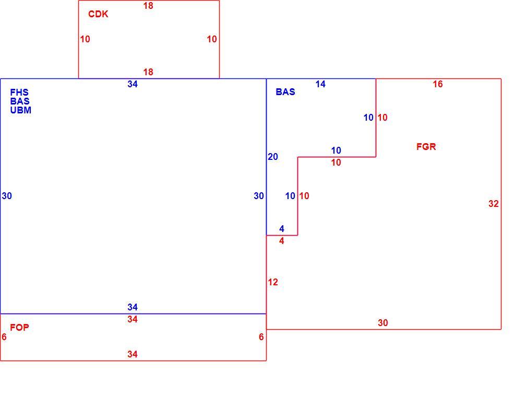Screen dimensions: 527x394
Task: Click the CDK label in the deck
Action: tap(98, 14)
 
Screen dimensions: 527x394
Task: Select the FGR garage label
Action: tap(426, 147)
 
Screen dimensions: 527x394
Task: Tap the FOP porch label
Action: tap(19, 328)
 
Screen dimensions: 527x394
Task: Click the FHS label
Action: tap(19, 92)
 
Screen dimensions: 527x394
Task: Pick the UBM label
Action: tap(20, 110)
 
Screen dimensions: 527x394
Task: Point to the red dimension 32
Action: tap(494, 204)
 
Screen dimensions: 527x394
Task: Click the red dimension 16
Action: tap(438, 84)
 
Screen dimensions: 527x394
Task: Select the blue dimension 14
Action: tap(320, 84)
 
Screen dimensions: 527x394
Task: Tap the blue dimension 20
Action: tap(273, 157)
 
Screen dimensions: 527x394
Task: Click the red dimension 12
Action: tap(273, 282)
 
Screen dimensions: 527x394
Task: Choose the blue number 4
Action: tap(282, 229)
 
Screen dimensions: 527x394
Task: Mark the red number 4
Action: tap(282, 241)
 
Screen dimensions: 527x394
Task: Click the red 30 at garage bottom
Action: tap(383, 323)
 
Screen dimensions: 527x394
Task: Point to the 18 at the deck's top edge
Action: tap(148, 6)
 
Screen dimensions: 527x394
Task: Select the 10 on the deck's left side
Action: tap(85, 39)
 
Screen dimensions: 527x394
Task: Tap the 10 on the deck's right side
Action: tap(212, 39)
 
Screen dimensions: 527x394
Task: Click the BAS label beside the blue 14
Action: tap(285, 92)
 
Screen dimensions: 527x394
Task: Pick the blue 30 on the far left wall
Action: tap(7, 196)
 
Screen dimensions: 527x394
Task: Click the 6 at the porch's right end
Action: tap(261, 337)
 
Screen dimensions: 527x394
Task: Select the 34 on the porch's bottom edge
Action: tap(133, 354)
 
